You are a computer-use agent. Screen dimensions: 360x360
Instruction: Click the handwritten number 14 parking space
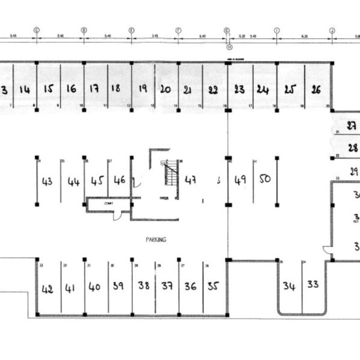click(25, 89)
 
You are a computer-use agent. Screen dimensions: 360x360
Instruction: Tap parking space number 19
click(143, 88)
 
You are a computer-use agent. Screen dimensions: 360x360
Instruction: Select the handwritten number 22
click(212, 90)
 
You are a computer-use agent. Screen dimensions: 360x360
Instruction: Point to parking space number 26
click(317, 89)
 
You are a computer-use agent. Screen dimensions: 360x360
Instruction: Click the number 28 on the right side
click(353, 148)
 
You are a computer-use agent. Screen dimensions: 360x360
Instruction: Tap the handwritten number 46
click(119, 179)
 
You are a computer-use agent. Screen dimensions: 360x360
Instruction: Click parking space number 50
click(265, 179)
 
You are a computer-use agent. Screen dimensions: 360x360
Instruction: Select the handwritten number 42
click(47, 289)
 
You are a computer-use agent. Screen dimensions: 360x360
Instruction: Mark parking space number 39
click(118, 286)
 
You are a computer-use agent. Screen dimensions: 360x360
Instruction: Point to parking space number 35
click(213, 286)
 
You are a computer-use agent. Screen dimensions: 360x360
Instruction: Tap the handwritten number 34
click(289, 286)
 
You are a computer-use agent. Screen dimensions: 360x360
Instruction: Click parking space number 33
click(313, 284)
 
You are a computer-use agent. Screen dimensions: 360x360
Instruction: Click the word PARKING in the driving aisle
click(155, 239)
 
